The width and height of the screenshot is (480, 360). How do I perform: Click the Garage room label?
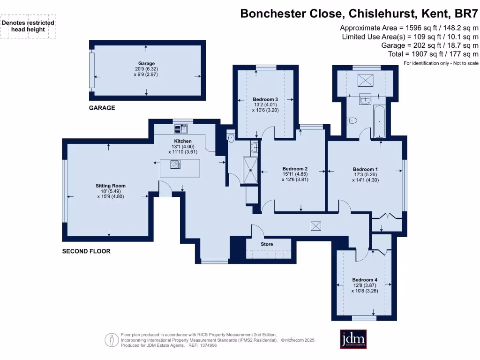pyautogui.click(x=146, y=63)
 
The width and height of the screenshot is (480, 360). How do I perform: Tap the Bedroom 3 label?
pyautogui.click(x=265, y=99)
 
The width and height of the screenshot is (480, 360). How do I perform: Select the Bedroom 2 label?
pyautogui.click(x=295, y=169)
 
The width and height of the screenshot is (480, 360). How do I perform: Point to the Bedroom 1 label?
pyautogui.click(x=365, y=169)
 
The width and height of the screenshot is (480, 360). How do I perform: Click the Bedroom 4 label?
pyautogui.click(x=365, y=280)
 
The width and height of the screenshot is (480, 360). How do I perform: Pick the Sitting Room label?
pyautogui.click(x=111, y=186)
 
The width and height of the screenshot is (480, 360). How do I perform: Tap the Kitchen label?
pyautogui.click(x=183, y=141)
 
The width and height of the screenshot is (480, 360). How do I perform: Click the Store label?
pyautogui.click(x=267, y=244)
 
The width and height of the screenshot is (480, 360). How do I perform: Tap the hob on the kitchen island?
pyautogui.click(x=175, y=164)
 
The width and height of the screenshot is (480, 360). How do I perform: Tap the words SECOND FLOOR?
pyautogui.click(x=86, y=251)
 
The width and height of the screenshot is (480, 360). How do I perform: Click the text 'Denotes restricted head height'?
pyautogui.click(x=28, y=26)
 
